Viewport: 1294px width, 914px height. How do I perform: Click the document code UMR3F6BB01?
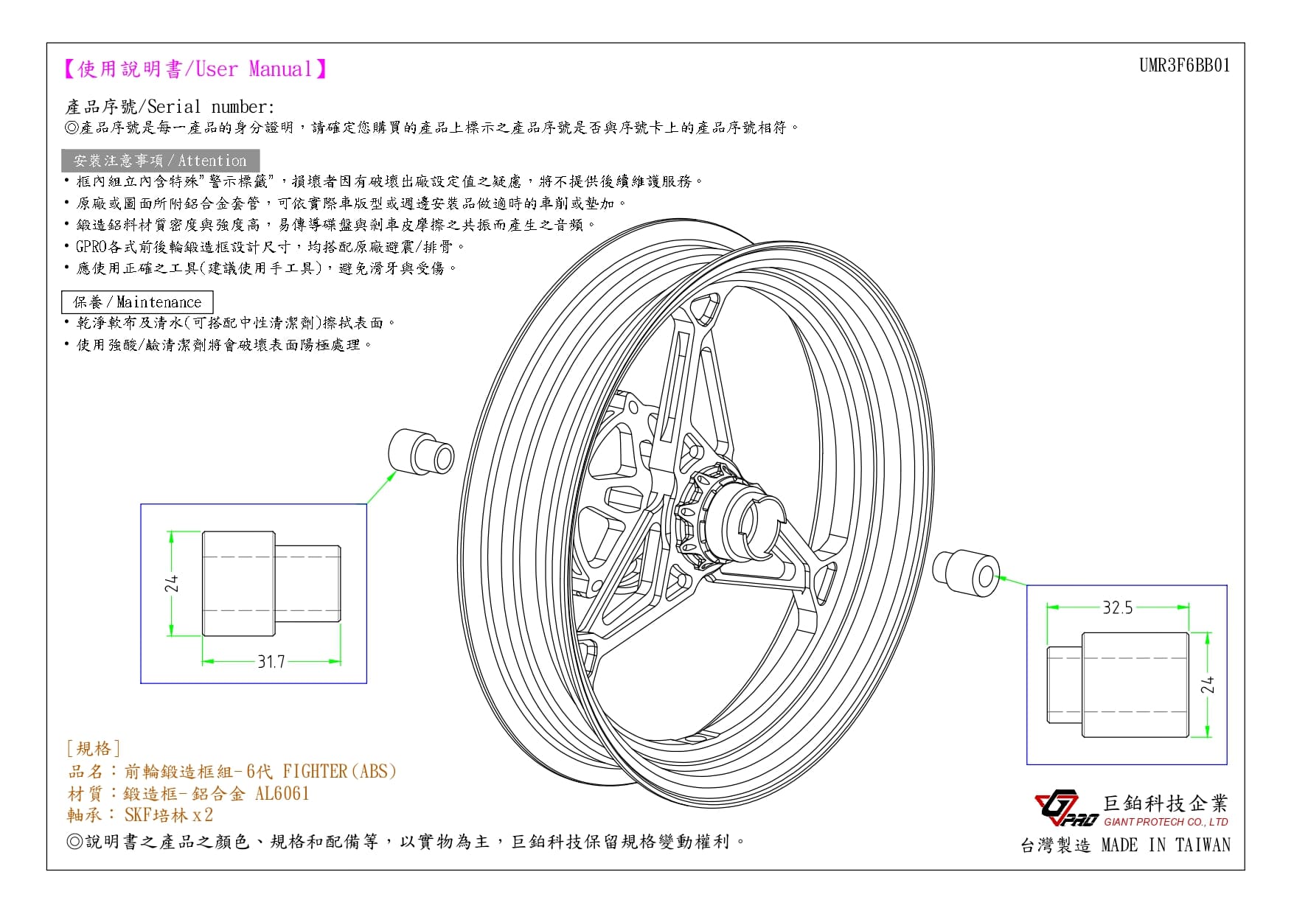[x=1184, y=66]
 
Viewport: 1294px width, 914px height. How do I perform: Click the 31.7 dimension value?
[x=271, y=662]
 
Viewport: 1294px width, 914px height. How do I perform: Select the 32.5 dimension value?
[x=1117, y=607]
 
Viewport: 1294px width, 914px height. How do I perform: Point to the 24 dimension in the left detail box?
[x=172, y=584]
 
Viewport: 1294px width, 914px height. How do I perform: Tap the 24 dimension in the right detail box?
[x=1207, y=685]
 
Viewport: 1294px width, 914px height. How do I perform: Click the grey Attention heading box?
[x=160, y=161]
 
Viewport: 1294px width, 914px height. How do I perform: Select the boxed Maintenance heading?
[x=137, y=302]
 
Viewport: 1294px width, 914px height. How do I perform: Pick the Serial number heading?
[x=170, y=107]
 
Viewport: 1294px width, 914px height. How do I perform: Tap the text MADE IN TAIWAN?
[x=1166, y=845]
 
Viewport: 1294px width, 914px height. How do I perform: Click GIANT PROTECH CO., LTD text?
[x=1166, y=822]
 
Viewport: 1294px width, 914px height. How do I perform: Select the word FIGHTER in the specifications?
[x=315, y=771]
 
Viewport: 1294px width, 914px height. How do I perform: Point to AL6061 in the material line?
[x=282, y=793]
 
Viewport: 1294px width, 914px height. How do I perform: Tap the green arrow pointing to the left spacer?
[x=381, y=486]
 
